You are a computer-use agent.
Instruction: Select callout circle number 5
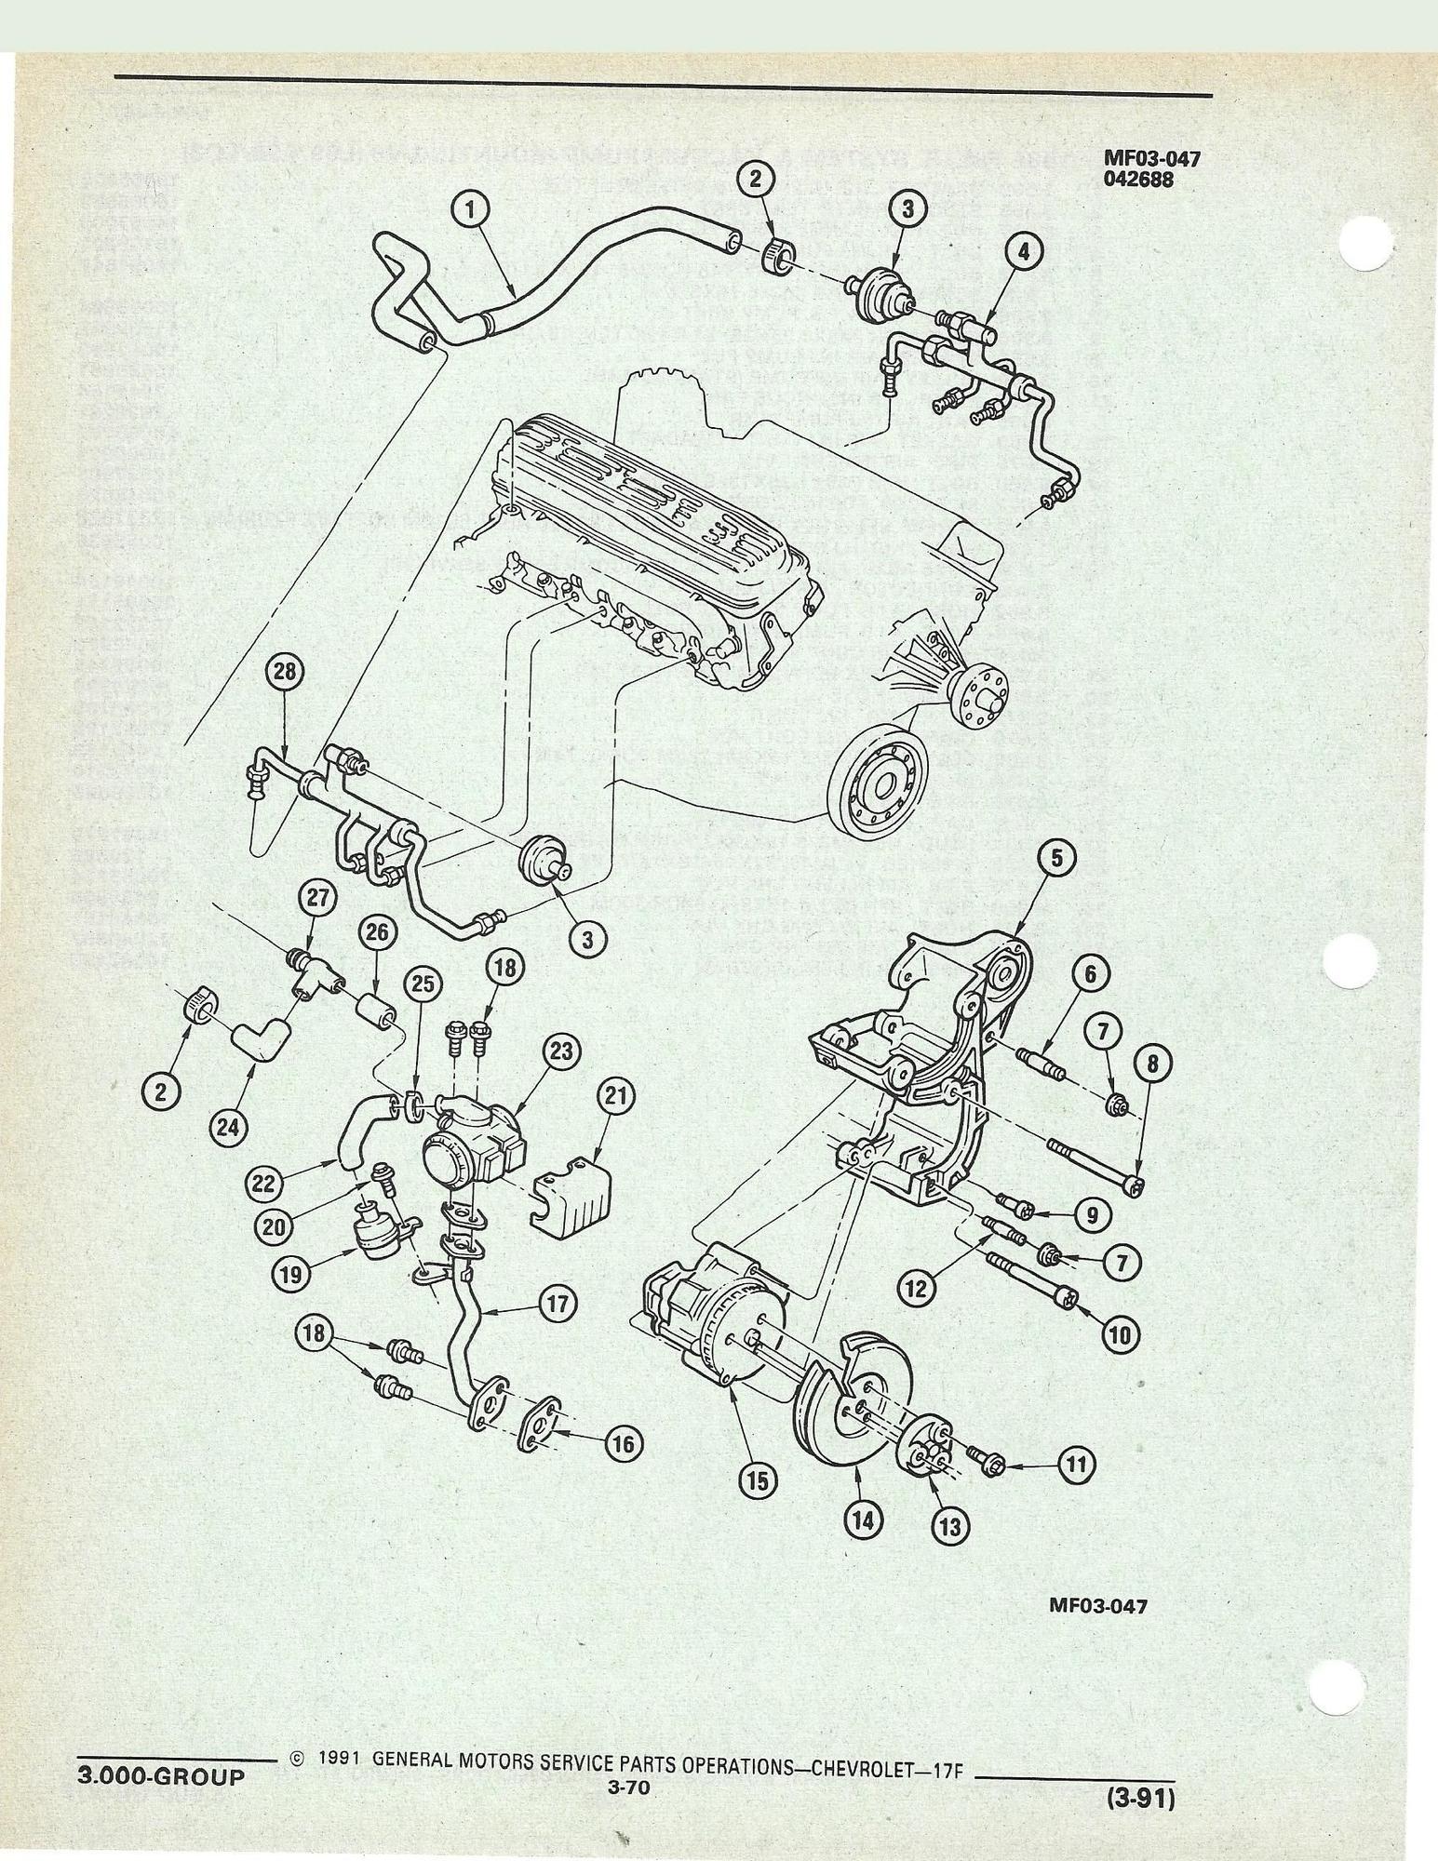pos(1057,859)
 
